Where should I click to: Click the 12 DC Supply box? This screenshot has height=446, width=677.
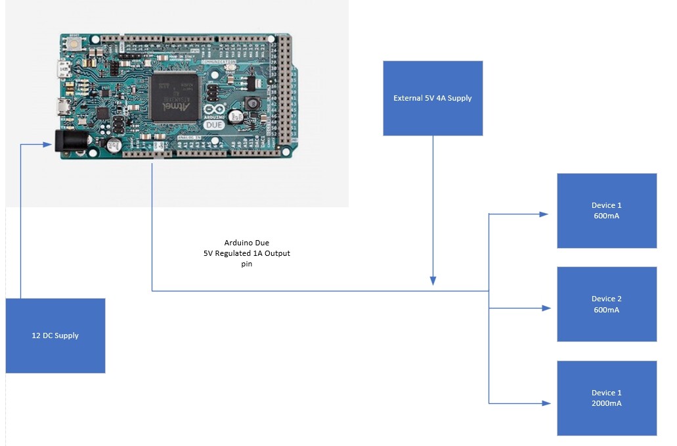pyautogui.click(x=55, y=335)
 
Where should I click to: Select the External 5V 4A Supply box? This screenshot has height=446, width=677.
pyautogui.click(x=433, y=98)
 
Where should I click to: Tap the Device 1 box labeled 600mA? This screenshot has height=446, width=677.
pyautogui.click(x=607, y=211)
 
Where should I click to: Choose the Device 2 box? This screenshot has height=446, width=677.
pyautogui.click(x=607, y=304)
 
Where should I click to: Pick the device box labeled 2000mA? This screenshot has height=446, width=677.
pyautogui.click(x=607, y=397)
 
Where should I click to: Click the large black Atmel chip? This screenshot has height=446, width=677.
pyautogui.click(x=174, y=97)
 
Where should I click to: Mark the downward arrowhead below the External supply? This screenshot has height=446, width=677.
pyautogui.click(x=433, y=281)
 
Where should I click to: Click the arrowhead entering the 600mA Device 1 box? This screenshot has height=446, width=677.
pyautogui.click(x=544, y=214)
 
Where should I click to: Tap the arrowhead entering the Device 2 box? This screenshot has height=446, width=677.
pyautogui.click(x=544, y=307)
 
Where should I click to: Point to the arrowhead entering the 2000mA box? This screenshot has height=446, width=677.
pyautogui.click(x=544, y=402)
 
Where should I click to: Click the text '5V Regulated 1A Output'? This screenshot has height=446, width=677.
pyautogui.click(x=246, y=253)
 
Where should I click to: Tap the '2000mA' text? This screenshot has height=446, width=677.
pyautogui.click(x=606, y=403)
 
